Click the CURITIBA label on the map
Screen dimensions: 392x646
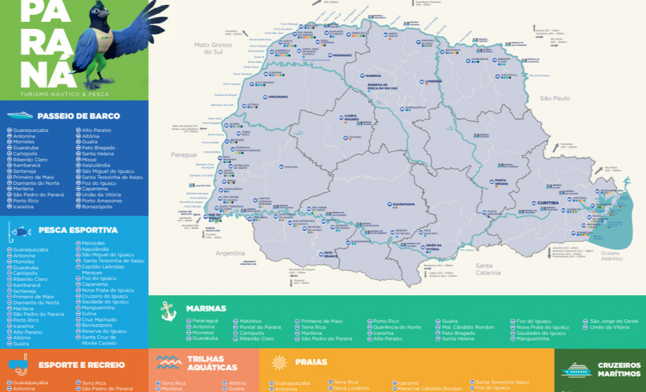pos(548,202)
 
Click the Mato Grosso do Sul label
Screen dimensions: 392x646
pos(213,48)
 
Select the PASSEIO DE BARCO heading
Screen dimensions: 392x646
pos(78,116)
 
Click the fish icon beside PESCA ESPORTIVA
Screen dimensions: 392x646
pos(20,231)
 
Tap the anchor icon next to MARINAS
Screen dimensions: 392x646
pos(167,309)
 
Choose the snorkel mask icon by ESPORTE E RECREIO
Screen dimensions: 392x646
pos(19,364)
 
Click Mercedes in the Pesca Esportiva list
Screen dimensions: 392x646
pos(94,243)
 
